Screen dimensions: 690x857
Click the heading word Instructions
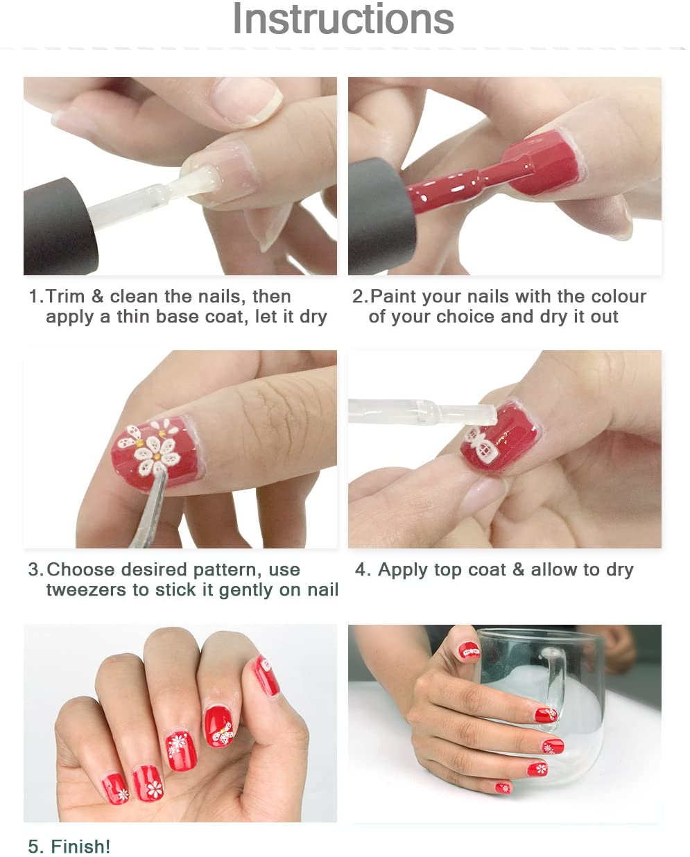tap(343, 19)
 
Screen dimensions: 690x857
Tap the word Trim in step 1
tap(65, 297)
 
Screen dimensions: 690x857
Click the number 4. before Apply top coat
tap(363, 569)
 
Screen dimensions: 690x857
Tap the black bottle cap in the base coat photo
tap(60, 227)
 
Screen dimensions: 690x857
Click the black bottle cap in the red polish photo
tap(381, 217)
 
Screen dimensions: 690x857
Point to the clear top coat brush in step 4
tap(423, 411)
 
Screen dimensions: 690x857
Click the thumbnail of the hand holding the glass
tap(469, 652)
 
